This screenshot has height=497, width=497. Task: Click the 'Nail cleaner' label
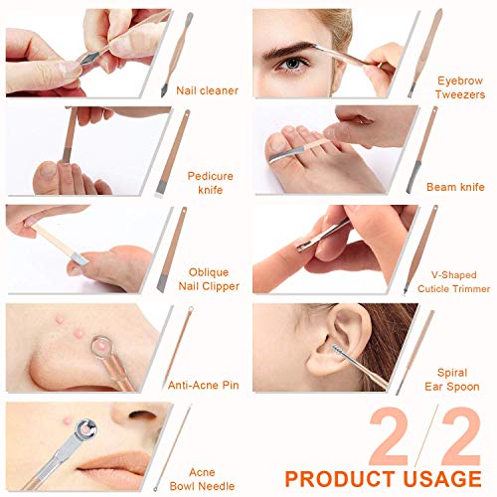click(x=207, y=90)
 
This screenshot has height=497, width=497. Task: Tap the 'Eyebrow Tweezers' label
click(x=460, y=87)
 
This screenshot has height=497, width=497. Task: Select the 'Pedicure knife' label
click(x=210, y=183)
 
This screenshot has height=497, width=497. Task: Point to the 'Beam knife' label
click(x=455, y=187)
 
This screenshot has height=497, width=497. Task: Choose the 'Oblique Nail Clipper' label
click(x=209, y=279)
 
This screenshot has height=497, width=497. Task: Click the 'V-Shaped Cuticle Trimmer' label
click(x=453, y=281)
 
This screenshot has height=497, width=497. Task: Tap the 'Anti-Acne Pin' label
click(x=203, y=385)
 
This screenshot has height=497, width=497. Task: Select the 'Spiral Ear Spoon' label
click(x=452, y=380)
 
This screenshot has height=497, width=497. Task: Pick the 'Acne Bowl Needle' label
click(x=202, y=479)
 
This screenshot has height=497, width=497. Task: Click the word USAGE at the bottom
click(x=442, y=479)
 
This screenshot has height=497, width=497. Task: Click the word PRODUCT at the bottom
click(x=341, y=479)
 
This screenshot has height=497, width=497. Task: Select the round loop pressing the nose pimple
click(x=102, y=347)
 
